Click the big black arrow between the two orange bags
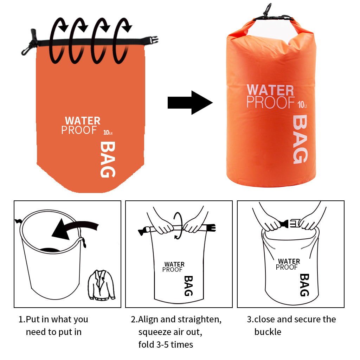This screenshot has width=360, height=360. pos(190,103)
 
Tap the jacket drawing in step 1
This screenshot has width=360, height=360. pos(101,285)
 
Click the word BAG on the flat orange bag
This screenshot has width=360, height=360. pos(108,159)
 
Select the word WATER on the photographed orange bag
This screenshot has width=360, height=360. pos(270,90)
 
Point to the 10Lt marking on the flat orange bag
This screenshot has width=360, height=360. pos(108,133)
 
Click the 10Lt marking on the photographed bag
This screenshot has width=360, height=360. pos(302,104)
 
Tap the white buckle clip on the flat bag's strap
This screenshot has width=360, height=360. pos(154,40)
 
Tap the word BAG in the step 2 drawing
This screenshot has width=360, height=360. pos(188,286)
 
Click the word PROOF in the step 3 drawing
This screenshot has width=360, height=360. pos(287,267)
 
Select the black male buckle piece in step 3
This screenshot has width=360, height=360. pos(284,223)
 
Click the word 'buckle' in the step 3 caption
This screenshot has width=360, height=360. pos(268,332)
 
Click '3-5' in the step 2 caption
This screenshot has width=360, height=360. pos(162,345)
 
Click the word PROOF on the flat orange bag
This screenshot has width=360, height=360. pos(79,130)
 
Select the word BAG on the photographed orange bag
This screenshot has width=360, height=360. pos(300,139)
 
